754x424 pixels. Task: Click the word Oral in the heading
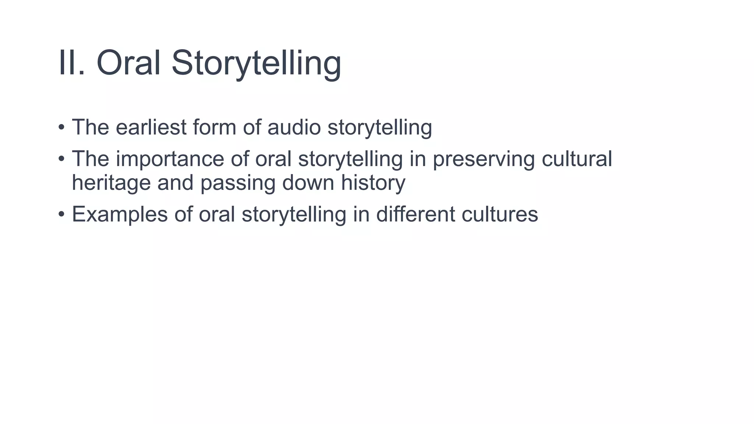[128, 63]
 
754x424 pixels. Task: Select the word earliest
[151, 127]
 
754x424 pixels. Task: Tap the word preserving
[483, 159]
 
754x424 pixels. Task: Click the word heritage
[111, 183]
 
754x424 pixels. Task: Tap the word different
[415, 214]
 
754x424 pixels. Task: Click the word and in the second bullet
[175, 183]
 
